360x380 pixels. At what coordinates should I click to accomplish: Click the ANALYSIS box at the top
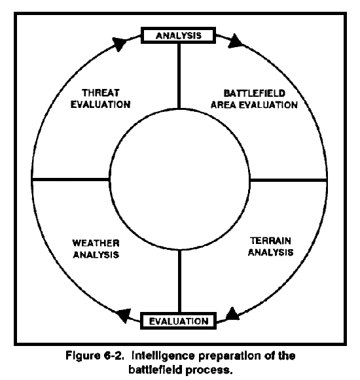(x=178, y=35)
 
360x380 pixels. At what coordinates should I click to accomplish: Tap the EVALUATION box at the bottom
(x=178, y=321)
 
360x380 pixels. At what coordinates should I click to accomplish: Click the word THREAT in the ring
(x=101, y=93)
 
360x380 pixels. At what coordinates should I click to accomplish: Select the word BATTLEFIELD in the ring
(x=254, y=94)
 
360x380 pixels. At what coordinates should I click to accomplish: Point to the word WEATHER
(x=96, y=243)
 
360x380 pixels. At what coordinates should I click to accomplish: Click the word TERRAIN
(x=270, y=241)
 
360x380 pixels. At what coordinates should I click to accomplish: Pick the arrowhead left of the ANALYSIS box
(x=120, y=43)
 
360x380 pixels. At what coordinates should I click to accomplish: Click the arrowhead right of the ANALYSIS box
(x=234, y=41)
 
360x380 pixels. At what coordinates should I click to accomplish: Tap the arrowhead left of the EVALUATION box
(x=124, y=315)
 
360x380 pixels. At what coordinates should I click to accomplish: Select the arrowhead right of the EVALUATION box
(x=232, y=314)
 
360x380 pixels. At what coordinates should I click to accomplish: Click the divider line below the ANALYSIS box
(x=179, y=76)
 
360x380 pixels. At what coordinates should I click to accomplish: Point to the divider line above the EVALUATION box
(x=180, y=281)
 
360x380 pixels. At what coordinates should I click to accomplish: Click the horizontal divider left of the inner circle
(x=71, y=180)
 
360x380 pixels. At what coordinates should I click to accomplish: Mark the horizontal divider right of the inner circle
(x=288, y=180)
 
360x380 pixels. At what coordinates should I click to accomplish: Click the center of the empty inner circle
(x=179, y=179)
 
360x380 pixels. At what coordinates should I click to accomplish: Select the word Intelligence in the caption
(x=163, y=356)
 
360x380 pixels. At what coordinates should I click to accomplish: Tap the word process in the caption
(x=208, y=370)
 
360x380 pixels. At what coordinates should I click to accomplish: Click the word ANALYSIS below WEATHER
(x=96, y=254)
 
